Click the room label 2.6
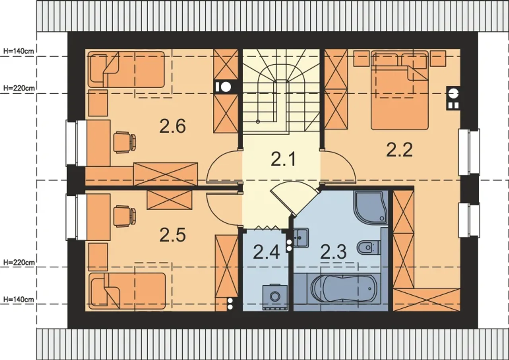tap(173, 126)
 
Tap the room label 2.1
tap(283, 159)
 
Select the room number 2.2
tap(399, 150)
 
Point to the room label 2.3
tap(333, 251)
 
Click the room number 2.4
tap(266, 252)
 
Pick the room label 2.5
tap(173, 235)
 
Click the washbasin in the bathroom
tap(301, 238)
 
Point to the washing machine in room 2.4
tap(275, 297)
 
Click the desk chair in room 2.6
tap(125, 142)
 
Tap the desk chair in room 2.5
tap(125, 216)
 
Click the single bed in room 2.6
tap(126, 69)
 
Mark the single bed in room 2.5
tap(127, 291)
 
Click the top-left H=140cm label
tap(19, 51)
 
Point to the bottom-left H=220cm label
tap(19, 263)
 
